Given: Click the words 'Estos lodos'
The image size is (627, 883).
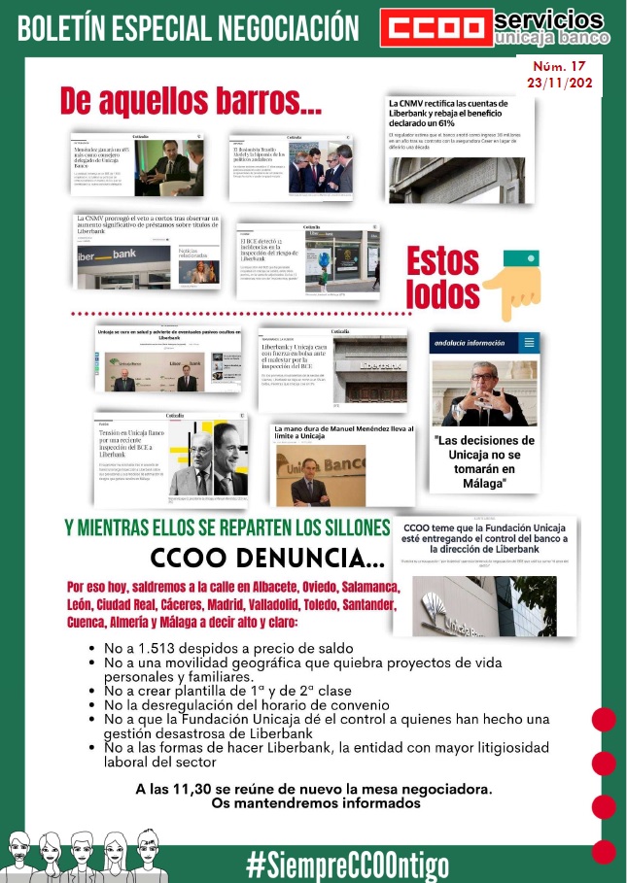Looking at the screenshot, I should point(442,279).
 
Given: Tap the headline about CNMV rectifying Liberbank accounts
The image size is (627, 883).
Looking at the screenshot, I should point(457,112).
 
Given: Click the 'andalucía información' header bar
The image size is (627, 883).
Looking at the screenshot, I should point(483,342).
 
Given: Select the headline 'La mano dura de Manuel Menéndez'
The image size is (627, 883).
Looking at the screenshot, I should point(343,432).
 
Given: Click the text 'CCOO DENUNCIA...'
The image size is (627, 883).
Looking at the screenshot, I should point(267,559).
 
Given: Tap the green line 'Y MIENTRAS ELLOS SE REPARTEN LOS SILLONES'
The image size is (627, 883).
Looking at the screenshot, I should point(226,528).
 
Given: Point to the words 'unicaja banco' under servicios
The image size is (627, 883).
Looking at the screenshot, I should point(551,38).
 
